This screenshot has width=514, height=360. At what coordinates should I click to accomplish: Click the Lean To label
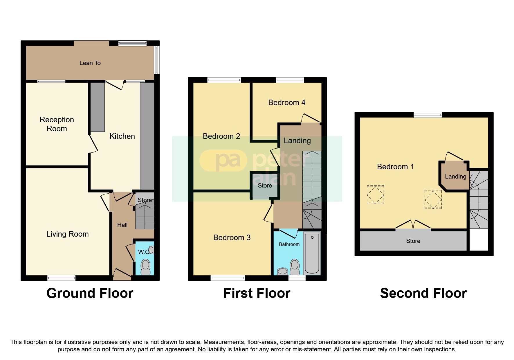[90, 63]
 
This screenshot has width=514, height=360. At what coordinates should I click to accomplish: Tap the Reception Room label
[57, 124]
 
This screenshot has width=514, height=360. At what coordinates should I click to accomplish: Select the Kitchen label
[122, 136]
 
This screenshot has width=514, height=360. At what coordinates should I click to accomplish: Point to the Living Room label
[67, 234]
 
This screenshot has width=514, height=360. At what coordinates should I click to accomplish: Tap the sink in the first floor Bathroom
[282, 271]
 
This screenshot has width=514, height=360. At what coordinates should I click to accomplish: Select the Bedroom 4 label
[286, 102]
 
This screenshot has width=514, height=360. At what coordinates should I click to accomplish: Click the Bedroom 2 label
[221, 136]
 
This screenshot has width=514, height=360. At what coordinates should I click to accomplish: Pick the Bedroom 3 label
[232, 237]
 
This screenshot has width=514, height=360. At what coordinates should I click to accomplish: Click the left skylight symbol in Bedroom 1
[375, 195]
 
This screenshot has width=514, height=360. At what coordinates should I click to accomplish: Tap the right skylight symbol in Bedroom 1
[433, 199]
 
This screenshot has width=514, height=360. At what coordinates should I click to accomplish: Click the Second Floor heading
[423, 293]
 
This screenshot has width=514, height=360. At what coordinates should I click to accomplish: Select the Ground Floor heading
[90, 293]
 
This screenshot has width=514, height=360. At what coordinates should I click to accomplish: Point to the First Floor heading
[257, 293]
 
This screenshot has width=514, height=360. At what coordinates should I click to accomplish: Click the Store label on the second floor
[413, 241]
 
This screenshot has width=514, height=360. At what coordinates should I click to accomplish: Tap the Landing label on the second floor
[455, 177]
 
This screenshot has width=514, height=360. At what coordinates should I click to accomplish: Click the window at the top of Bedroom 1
[428, 115]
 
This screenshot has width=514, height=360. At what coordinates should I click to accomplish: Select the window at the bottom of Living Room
[61, 278]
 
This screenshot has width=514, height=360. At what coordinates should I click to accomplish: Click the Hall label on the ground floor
[122, 225]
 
